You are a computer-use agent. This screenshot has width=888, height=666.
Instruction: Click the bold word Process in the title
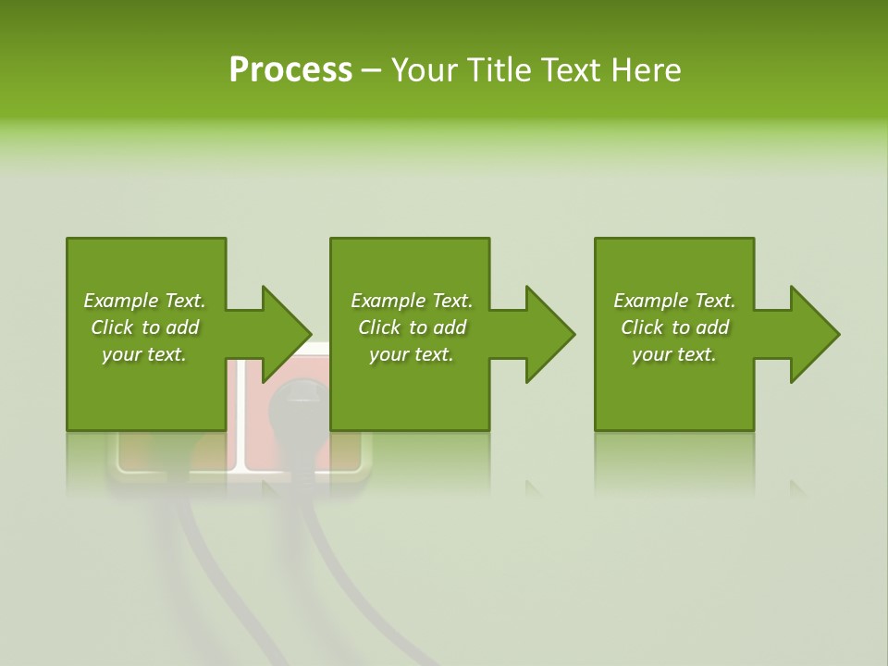290,70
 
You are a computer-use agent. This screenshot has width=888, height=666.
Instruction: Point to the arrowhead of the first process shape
286,334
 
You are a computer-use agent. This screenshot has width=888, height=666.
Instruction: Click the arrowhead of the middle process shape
550,334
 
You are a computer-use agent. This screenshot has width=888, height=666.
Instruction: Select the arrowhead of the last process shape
815,334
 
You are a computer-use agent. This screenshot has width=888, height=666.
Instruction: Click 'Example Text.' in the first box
144,301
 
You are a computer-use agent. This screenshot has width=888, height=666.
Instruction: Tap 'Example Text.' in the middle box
412,301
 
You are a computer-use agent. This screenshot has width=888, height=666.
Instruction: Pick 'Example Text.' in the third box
674,301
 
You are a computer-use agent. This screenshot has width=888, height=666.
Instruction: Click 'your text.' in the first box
144,354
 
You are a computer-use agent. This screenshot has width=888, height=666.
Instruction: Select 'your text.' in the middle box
412,354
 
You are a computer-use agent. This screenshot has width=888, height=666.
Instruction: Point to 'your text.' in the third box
674,354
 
